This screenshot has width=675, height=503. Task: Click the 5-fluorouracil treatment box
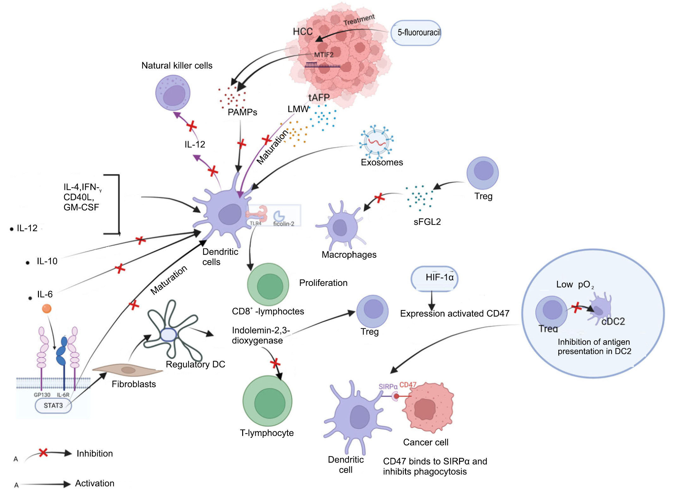tap(416, 33)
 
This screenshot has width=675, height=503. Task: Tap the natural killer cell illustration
tap(173, 93)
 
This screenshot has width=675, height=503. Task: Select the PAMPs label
tap(242, 112)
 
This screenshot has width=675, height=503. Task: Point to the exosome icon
tap(376, 142)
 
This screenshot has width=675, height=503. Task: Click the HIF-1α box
tap(434, 278)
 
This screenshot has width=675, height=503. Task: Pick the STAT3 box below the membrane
tap(53, 406)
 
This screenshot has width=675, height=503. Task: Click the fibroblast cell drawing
tap(127, 370)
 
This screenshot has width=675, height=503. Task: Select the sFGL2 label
tap(427, 222)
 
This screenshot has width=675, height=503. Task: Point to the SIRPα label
tap(388, 387)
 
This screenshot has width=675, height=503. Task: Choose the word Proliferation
tap(323, 283)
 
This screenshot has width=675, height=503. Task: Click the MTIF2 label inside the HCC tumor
tap(323, 55)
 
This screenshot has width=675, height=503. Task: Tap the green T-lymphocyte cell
tap(267, 401)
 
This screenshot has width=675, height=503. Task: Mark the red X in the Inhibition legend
tap(43, 453)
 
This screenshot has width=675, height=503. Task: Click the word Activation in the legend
tap(95, 483)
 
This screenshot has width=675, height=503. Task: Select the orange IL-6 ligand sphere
tap(47, 308)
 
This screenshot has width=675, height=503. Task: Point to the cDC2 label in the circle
tap(613, 322)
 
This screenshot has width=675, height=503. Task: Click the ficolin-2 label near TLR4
tap(284, 224)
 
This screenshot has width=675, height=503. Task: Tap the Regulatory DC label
tap(195, 364)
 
